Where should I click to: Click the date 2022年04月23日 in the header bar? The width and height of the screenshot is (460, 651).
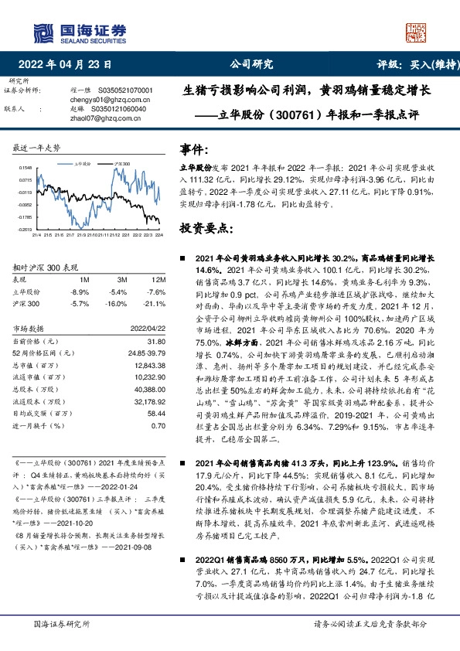point(70,65)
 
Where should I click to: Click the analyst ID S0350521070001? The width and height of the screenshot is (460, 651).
point(125,90)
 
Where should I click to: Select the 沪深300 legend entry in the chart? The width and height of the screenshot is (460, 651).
point(121,165)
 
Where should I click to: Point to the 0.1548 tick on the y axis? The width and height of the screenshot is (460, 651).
point(25,167)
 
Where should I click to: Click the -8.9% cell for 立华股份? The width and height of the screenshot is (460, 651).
point(80,291)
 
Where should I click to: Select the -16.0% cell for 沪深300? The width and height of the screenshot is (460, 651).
point(118,304)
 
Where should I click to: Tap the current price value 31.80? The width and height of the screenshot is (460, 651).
point(157,341)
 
